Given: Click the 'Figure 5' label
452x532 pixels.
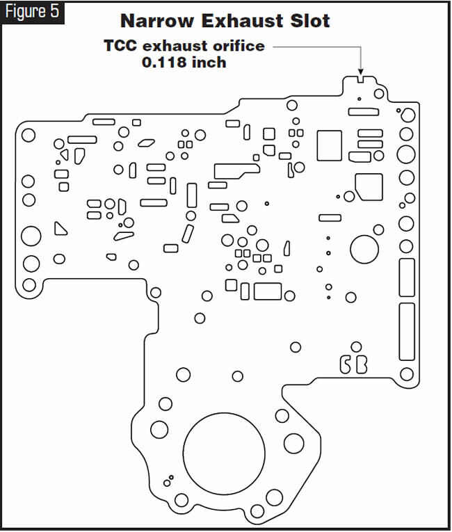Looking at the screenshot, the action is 32,13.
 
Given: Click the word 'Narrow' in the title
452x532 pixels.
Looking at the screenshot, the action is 156,21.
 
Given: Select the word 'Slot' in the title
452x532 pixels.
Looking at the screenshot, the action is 310,21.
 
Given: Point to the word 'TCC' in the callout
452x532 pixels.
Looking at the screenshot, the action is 120,46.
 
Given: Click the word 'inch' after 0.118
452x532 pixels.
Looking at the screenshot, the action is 209,63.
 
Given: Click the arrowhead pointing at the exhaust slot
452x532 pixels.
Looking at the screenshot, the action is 360,72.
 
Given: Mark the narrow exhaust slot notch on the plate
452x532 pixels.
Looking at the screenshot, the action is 361,80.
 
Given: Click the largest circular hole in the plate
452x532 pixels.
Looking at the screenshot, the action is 224,453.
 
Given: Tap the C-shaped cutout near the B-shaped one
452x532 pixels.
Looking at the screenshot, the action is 346,364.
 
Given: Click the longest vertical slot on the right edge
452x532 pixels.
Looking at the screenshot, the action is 407,332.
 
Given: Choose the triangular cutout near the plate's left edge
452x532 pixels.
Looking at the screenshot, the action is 60,228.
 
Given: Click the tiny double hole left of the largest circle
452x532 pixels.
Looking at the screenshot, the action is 169,481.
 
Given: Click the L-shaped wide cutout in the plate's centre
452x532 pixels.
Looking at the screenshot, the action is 236,171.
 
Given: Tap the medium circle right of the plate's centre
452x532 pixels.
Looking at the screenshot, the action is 364,250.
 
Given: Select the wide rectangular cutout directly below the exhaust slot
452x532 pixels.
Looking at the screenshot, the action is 364,112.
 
